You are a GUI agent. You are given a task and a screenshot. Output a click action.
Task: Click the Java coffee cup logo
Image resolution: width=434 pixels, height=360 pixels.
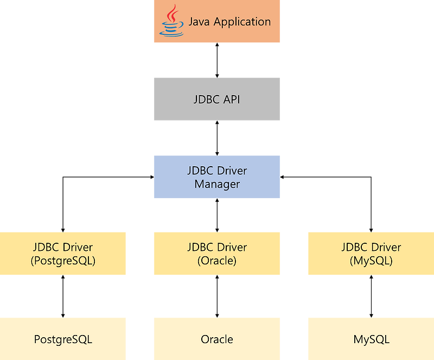pyautogui.click(x=171, y=22)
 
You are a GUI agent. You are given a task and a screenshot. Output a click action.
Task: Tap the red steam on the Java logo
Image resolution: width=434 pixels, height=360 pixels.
pyautogui.click(x=172, y=14)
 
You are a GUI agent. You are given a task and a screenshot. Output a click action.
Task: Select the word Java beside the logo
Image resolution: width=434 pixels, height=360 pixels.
pyautogui.click(x=199, y=22)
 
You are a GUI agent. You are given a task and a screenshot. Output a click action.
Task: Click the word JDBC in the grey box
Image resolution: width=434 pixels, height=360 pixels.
pyautogui.click(x=206, y=99)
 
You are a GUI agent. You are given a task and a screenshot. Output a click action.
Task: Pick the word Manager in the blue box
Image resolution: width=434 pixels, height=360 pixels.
pyautogui.click(x=217, y=184)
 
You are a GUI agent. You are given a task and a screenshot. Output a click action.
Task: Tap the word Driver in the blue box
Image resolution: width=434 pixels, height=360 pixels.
pyautogui.click(x=232, y=170)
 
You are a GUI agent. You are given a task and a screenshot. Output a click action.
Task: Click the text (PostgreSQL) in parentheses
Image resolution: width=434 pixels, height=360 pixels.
pyautogui.click(x=63, y=261)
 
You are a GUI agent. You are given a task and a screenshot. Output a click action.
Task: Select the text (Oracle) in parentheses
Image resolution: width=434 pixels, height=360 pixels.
pyautogui.click(x=217, y=261)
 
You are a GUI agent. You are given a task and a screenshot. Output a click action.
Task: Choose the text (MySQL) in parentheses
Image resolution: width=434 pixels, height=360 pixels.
pyautogui.click(x=371, y=261)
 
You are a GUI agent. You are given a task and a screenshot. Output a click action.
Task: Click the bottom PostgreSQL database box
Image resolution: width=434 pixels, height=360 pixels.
pyautogui.click(x=63, y=339)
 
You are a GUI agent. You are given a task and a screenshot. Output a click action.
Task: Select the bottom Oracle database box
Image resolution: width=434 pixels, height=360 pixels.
pyautogui.click(x=217, y=339)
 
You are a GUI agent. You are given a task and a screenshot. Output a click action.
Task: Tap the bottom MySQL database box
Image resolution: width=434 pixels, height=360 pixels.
pyautogui.click(x=371, y=339)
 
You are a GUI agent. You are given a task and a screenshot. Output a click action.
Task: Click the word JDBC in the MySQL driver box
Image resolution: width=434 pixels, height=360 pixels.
pyautogui.click(x=354, y=248)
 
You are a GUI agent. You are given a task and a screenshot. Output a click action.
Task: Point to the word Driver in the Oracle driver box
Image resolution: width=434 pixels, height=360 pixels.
pyautogui.click(x=232, y=248)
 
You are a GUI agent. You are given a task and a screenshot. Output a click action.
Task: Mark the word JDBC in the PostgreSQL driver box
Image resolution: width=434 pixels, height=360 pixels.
pyautogui.click(x=47, y=248)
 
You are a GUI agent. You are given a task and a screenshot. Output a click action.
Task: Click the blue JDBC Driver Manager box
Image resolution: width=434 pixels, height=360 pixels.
pyautogui.click(x=217, y=177)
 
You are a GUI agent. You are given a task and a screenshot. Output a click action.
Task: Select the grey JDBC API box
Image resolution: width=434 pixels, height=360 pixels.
pyautogui.click(x=217, y=99)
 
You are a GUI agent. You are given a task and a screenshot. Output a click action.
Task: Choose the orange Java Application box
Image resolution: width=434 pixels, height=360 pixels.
pyautogui.click(x=217, y=22)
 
